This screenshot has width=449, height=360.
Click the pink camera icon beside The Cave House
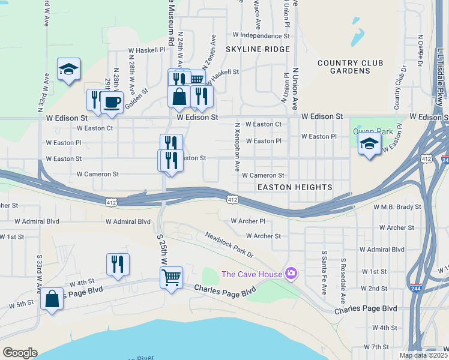tap(291, 274)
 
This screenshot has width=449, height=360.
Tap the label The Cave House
tap(253, 274)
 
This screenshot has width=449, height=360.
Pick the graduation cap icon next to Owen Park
tap(369, 143)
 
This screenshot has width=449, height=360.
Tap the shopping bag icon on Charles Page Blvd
tap(52, 298)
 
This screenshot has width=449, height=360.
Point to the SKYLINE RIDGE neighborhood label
tap(258, 49)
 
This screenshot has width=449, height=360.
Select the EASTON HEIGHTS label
tap(295, 187)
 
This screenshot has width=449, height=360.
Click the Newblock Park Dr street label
tap(229, 245)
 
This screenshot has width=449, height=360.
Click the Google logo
tap(20, 353)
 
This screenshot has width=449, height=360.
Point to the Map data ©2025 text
tap(423, 355)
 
